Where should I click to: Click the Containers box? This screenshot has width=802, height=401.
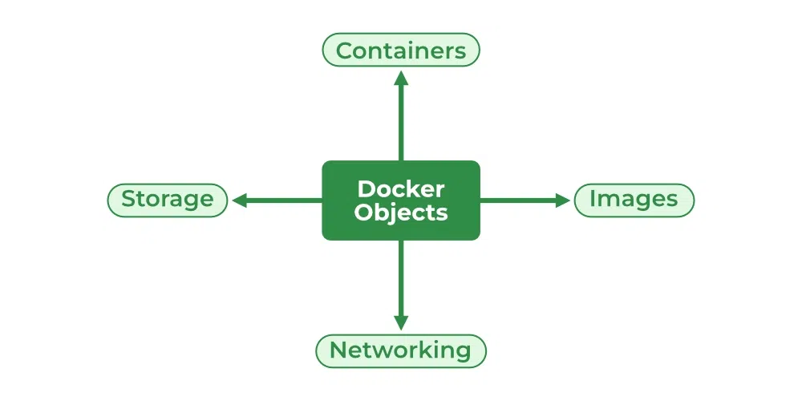tap(400, 51)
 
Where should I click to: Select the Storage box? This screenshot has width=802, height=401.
tap(168, 200)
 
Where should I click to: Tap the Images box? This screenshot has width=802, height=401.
tap(634, 200)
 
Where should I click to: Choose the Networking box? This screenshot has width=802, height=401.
tap(401, 350)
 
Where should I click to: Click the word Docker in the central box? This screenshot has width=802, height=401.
tap(401, 189)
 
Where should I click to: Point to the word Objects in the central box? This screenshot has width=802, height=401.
tap(401, 213)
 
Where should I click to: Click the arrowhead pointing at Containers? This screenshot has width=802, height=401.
tap(401, 77)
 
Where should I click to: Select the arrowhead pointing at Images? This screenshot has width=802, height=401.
tap(563, 200)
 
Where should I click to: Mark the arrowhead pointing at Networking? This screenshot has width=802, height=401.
tap(401, 322)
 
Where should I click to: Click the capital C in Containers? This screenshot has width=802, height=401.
tap(344, 51)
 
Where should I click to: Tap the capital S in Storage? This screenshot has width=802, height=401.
tap(128, 199)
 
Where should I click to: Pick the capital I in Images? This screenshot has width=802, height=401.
tap(593, 199)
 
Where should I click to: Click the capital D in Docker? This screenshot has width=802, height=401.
tap(365, 189)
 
